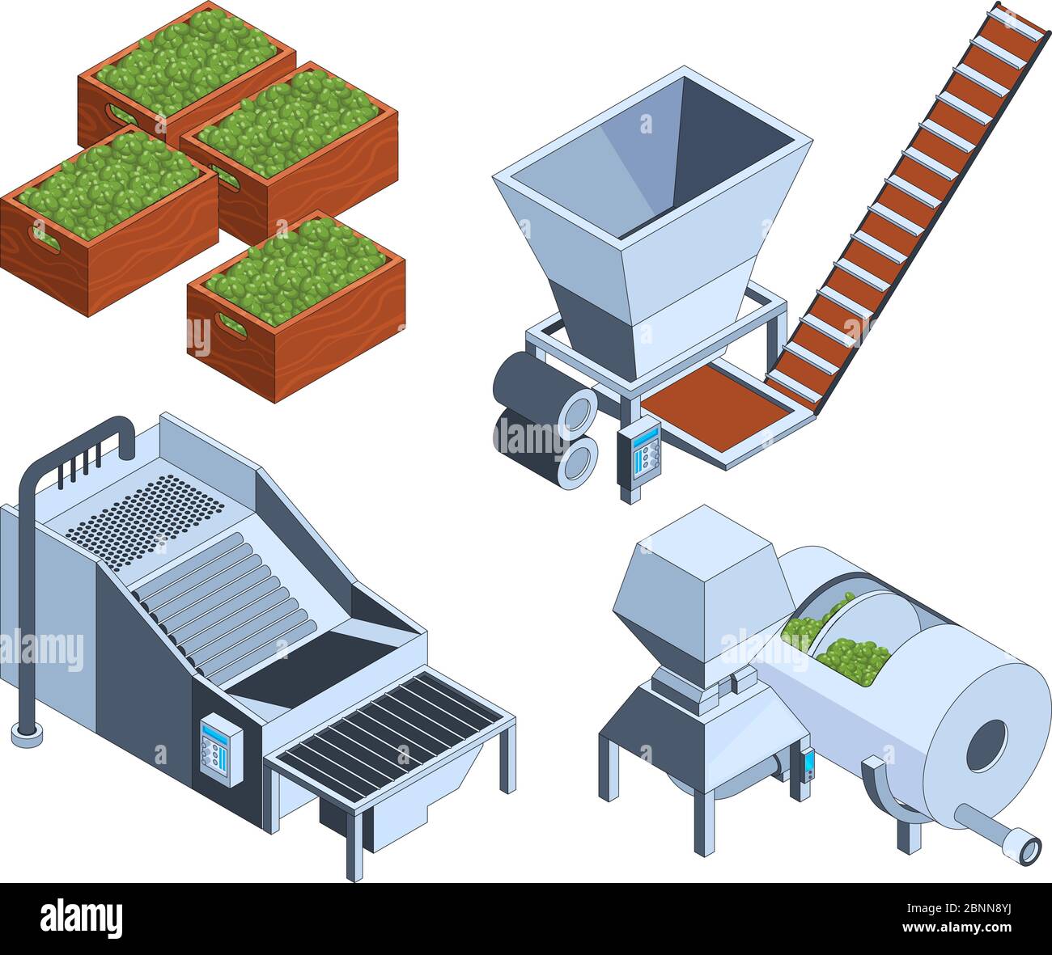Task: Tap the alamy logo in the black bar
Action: pos(81,919)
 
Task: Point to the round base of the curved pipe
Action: pos(27,733)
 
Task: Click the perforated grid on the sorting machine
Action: pos(146,510)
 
